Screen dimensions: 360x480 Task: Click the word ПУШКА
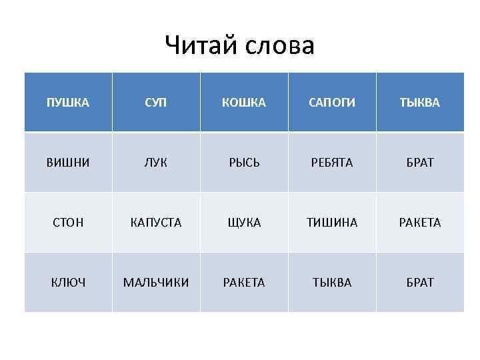(x=67, y=103)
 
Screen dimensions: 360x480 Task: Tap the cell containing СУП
(x=156, y=103)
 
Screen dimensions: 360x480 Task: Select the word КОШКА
(x=244, y=103)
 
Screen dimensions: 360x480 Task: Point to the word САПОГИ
(x=332, y=103)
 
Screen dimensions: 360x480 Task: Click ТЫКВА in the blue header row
(x=420, y=103)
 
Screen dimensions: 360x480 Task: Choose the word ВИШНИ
(x=67, y=163)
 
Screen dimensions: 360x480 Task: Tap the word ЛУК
(x=156, y=163)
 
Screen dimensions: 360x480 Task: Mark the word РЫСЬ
(x=244, y=163)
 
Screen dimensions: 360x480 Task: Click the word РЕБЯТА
(x=332, y=163)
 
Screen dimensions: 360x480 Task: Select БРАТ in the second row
(x=420, y=163)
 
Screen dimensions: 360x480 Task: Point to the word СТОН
(x=67, y=223)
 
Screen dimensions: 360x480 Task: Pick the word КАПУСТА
(x=156, y=223)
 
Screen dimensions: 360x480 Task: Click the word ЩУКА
(x=244, y=223)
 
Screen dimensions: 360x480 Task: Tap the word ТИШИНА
(x=332, y=223)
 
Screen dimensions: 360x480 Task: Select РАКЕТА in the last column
(x=420, y=223)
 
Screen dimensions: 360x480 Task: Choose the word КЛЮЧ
(x=67, y=283)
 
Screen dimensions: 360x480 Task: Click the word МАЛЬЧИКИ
(x=156, y=283)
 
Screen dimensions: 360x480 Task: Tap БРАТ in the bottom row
(x=420, y=283)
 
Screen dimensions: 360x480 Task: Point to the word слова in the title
(x=281, y=46)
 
